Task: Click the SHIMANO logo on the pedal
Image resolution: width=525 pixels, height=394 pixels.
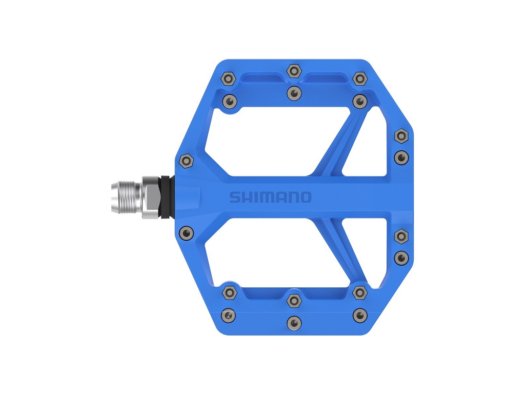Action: tap(270, 198)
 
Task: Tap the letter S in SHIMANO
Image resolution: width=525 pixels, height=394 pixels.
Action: tap(235, 198)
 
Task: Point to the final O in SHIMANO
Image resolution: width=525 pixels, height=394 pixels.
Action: tap(306, 198)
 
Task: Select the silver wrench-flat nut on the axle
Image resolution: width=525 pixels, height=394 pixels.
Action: tap(152, 198)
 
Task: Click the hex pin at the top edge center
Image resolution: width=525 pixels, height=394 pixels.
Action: tap(294, 71)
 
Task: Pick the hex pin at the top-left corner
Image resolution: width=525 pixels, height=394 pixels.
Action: tap(229, 79)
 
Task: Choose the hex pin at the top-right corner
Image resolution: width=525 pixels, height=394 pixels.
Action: tap(360, 79)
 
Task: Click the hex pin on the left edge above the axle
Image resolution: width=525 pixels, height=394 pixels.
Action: tap(187, 161)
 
